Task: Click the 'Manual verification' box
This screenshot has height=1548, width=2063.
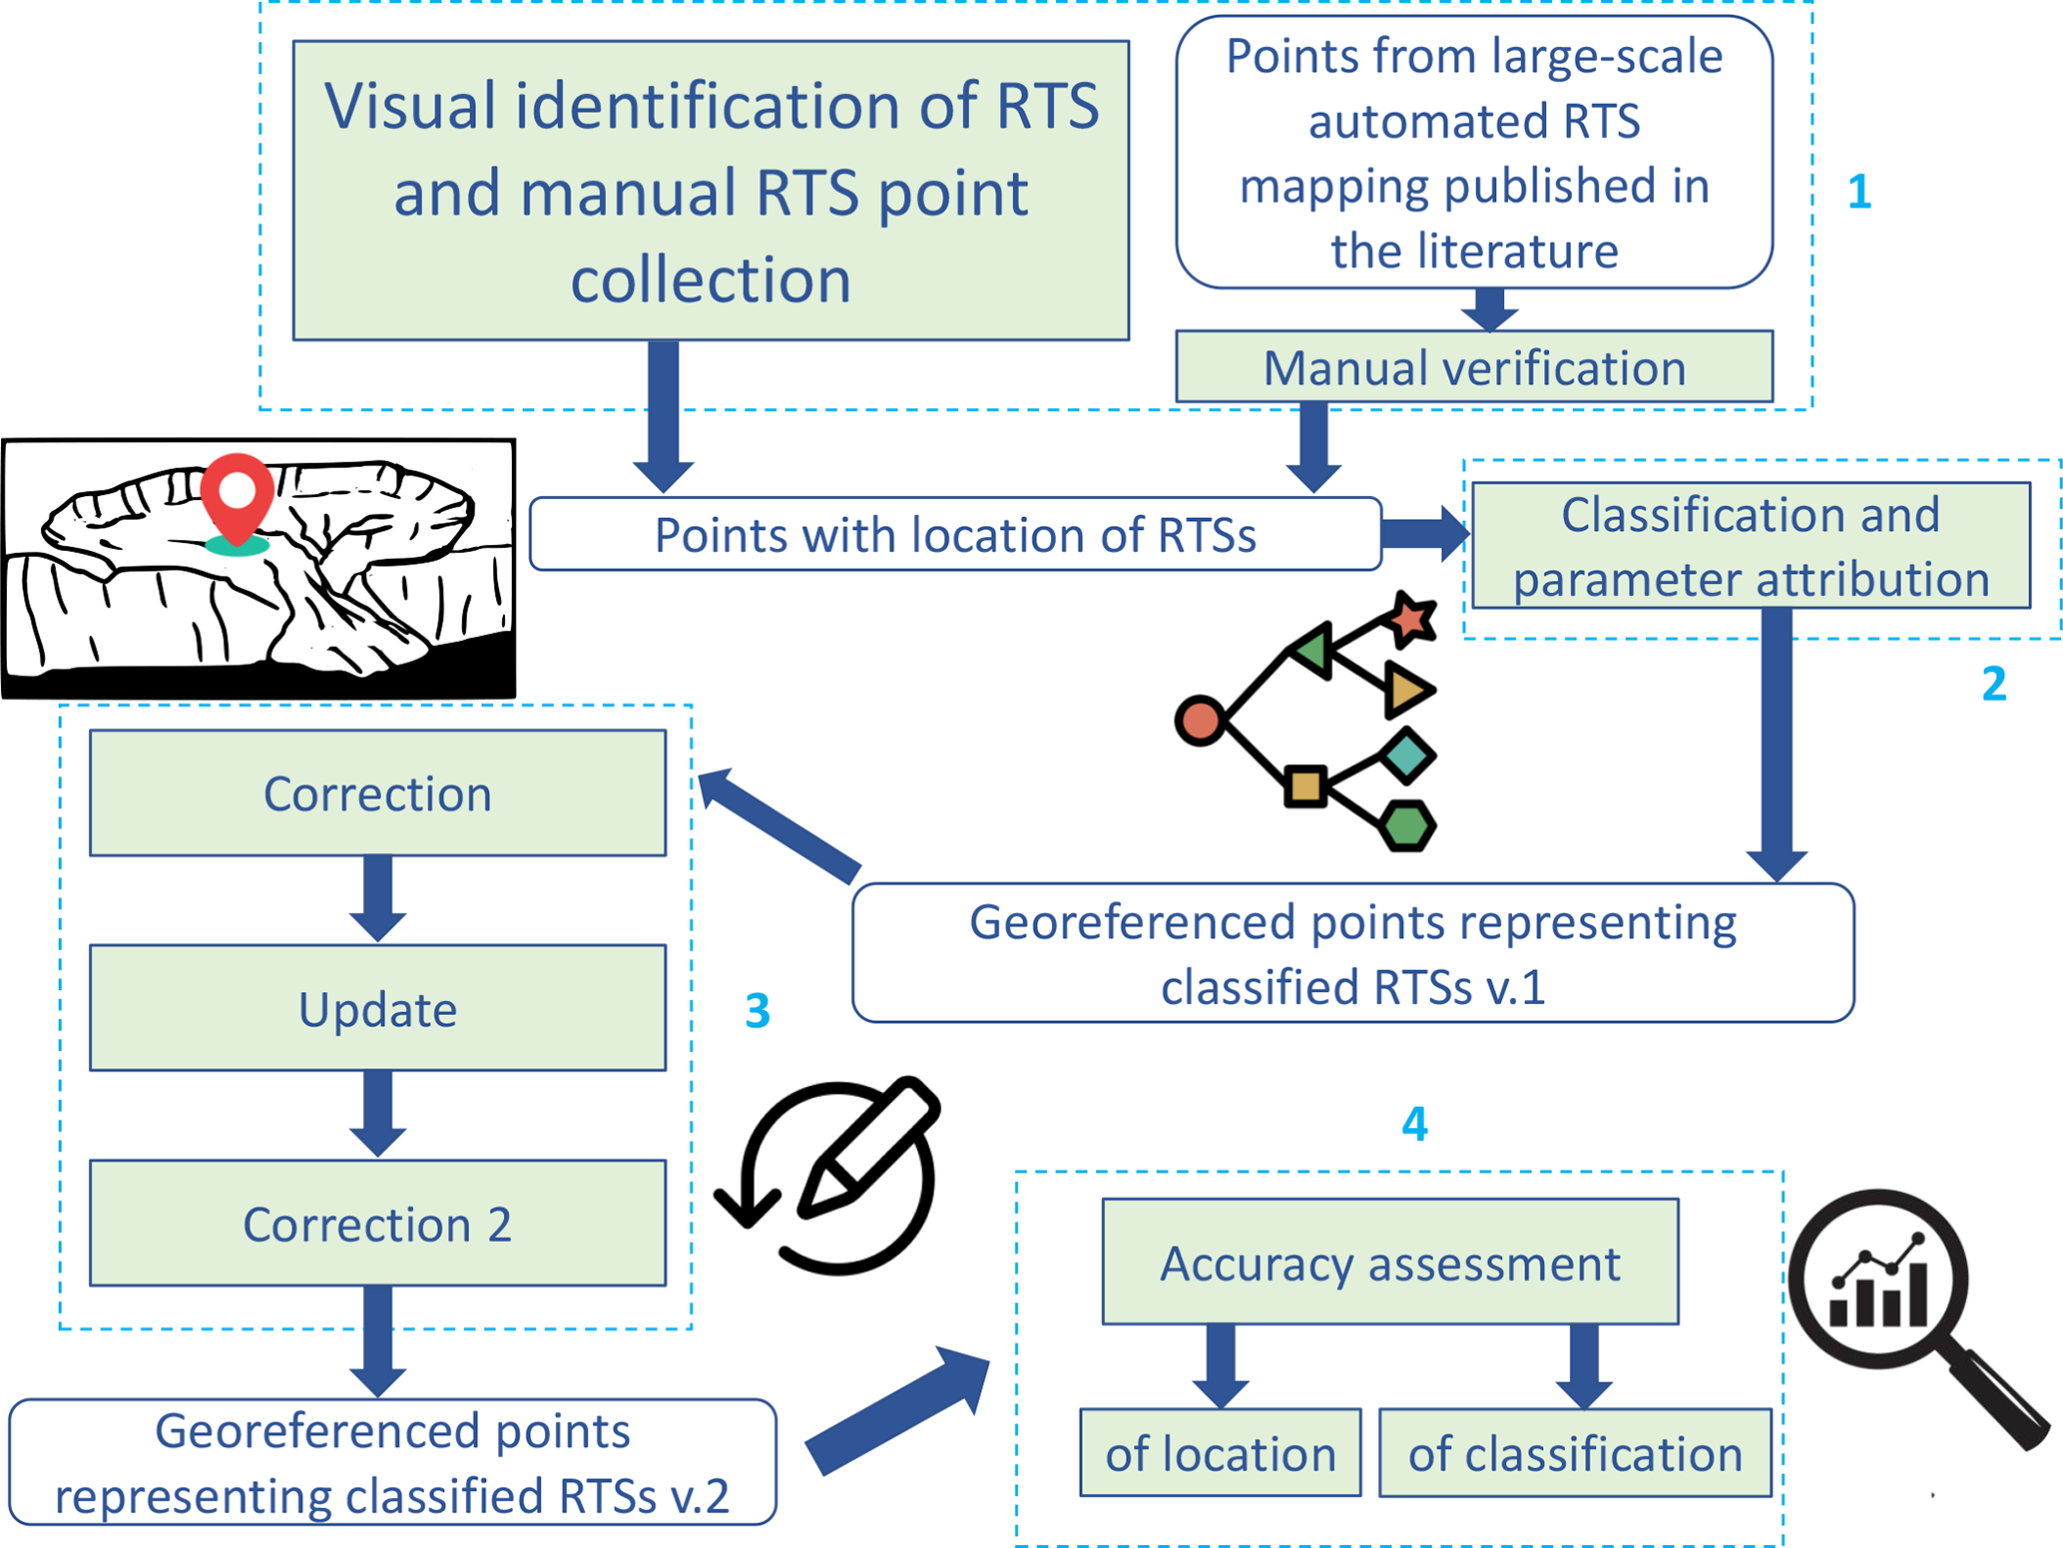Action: point(1473,367)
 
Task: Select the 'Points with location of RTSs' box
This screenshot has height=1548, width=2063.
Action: point(954,535)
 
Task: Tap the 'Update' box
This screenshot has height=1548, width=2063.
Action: point(377,1008)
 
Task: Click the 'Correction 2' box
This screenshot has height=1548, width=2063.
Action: point(377,1224)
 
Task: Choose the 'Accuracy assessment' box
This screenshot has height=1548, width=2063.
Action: point(1389,1263)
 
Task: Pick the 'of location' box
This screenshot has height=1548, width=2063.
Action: point(1220,1453)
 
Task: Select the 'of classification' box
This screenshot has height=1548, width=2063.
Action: point(1574,1453)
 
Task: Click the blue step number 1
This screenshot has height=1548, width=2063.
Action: point(1858,192)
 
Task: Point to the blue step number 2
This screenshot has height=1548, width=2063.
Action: point(1993,685)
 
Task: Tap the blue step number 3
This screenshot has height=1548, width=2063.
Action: point(758,1011)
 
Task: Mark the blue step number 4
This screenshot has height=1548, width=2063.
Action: point(1414,1125)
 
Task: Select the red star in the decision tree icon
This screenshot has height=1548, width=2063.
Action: point(1411,618)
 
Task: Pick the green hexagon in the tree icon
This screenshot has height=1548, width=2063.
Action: point(1407,825)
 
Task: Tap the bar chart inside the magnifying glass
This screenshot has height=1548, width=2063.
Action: point(1878,1288)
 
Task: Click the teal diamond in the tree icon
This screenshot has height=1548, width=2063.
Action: point(1407,756)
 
